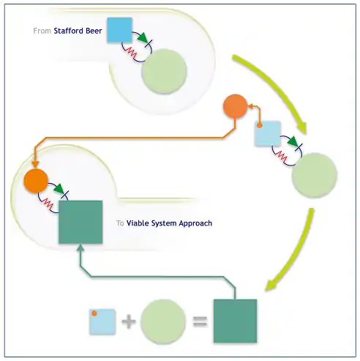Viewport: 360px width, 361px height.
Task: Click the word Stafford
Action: pyautogui.click(x=68, y=31)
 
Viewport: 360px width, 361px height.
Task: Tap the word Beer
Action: pyautogui.click(x=94, y=31)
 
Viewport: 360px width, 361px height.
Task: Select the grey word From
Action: pyautogui.click(x=42, y=31)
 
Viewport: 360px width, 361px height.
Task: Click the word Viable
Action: pyautogui.click(x=138, y=223)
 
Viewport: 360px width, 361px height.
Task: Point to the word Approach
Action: pyautogui.click(x=195, y=223)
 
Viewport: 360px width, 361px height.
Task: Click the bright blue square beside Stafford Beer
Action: pyautogui.click(x=119, y=30)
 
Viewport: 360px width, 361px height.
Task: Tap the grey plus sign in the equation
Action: pyautogui.click(x=129, y=321)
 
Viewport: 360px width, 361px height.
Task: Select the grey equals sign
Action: pyautogui.click(x=200, y=321)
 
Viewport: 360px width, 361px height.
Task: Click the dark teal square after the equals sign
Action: pyautogui.click(x=235, y=321)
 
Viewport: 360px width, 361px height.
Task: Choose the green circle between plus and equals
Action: pyautogui.click(x=163, y=321)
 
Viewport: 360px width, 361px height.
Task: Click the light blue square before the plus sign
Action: pyautogui.click(x=102, y=321)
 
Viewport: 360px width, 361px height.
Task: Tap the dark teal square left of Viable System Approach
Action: pyautogui.click(x=80, y=222)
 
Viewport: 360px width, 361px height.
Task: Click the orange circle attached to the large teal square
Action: pyautogui.click(x=36, y=181)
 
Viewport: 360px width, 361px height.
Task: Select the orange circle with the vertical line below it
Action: pyautogui.click(x=235, y=106)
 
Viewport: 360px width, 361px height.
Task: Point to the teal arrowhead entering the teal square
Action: pyautogui.click(x=80, y=248)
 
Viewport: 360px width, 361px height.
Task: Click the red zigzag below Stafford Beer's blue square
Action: pyautogui.click(x=130, y=52)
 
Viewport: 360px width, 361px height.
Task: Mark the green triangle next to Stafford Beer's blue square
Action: pyautogui.click(x=143, y=38)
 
